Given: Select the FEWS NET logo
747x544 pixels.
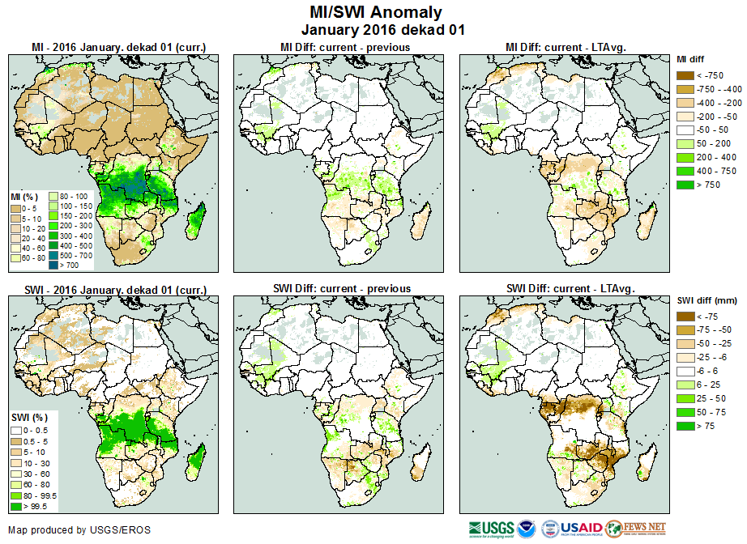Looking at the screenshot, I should pos(635,529).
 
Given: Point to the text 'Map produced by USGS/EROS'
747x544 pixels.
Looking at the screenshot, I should pos(79,530).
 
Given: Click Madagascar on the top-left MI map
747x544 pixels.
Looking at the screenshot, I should pos(194,220).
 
